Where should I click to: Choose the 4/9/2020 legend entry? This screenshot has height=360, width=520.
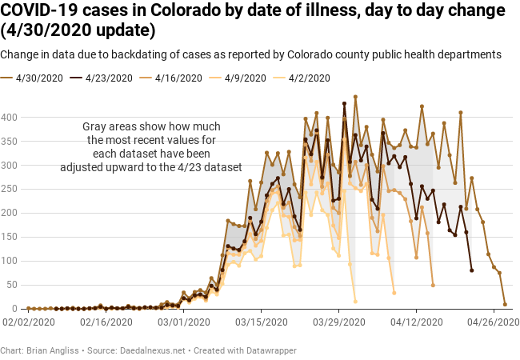tap(245, 78)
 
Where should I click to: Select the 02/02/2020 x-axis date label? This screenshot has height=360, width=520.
tap(29, 322)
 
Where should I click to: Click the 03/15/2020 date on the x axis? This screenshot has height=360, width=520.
tap(262, 322)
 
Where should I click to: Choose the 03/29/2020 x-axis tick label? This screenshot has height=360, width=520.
tap(339, 322)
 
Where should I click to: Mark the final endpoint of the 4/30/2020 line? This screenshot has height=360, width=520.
tap(505, 304)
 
